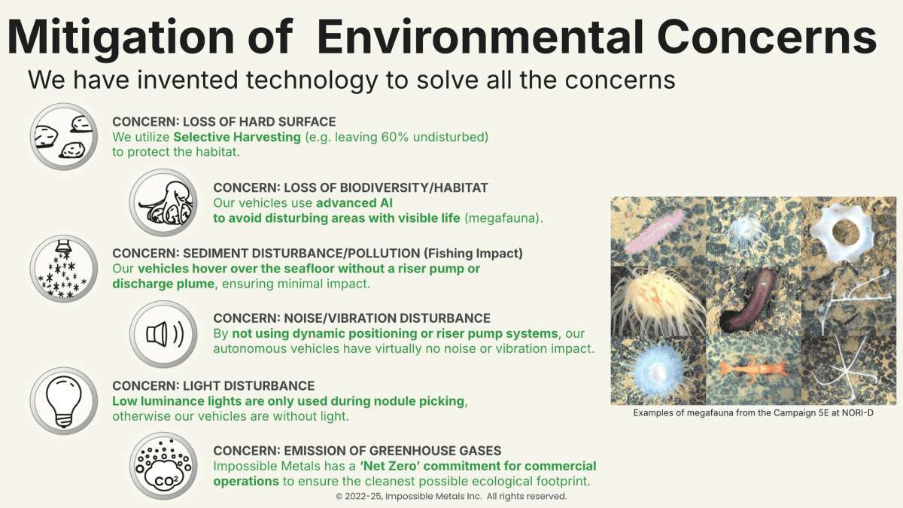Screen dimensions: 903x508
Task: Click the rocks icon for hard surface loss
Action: [64, 136]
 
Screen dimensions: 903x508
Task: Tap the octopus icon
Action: [163, 202]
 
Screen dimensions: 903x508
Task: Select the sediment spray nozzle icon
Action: [64, 269]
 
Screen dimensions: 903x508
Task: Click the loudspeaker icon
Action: [163, 334]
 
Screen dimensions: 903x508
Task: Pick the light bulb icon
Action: [64, 400]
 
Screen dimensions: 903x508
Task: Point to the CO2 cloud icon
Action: [163, 466]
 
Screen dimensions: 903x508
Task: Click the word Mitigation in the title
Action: [120, 38]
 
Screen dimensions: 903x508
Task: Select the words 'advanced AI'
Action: [354, 202]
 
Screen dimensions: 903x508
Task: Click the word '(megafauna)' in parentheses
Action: [504, 218]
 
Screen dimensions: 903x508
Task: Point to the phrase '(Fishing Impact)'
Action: [473, 253]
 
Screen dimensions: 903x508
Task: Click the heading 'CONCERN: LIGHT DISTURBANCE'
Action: [213, 386]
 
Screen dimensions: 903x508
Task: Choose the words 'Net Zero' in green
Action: [390, 466]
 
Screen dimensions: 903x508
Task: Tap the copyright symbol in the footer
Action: [339, 496]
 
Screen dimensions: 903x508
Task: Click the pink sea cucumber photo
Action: [655, 231]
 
